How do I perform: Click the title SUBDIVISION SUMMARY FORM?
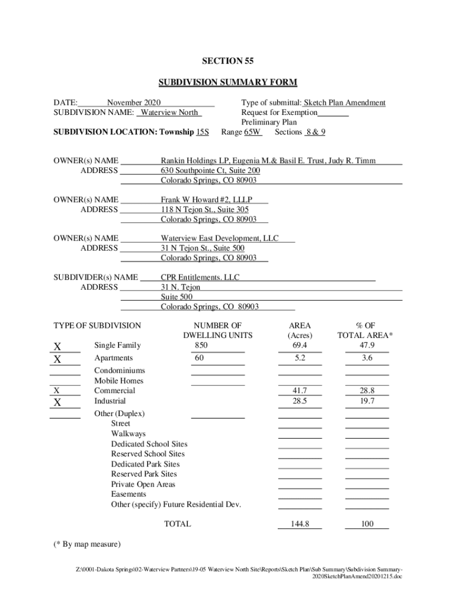point(227,82)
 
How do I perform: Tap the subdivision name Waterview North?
point(171,113)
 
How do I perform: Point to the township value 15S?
point(202,132)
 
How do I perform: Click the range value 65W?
point(253,132)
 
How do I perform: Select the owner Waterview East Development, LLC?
point(220,238)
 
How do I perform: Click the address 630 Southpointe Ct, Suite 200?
point(210,170)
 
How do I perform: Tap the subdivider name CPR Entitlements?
point(200,277)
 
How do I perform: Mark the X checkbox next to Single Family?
point(57,346)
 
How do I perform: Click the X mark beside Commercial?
point(57,391)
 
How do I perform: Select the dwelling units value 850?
point(201,346)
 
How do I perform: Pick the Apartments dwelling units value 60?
point(199,358)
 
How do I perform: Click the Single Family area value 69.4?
point(300,346)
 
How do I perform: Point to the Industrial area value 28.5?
point(300,401)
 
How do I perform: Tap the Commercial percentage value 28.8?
point(367,391)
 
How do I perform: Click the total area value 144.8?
point(300,524)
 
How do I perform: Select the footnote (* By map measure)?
point(87,544)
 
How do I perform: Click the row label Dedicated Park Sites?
point(145,464)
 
